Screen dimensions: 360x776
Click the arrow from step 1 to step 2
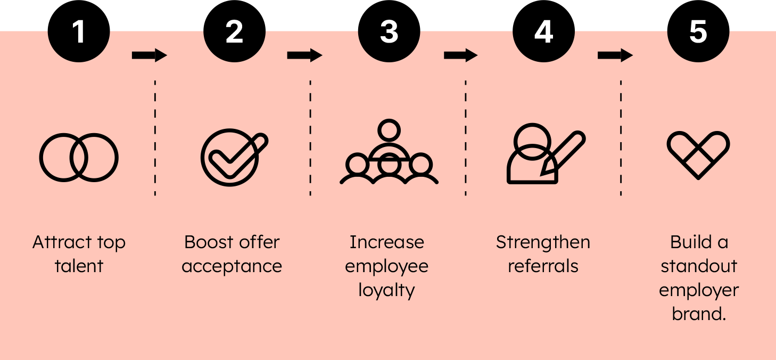point(149,55)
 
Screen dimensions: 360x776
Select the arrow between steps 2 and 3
point(304,55)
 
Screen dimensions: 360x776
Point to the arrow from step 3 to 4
point(460,55)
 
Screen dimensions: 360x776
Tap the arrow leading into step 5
point(615,55)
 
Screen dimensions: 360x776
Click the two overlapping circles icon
point(79,157)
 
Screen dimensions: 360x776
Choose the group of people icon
point(389,154)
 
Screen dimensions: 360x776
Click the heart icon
point(698,154)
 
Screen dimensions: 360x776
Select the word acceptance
point(232,266)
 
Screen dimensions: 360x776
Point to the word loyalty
point(386,291)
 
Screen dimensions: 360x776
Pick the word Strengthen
point(543,242)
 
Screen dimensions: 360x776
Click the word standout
point(698,266)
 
